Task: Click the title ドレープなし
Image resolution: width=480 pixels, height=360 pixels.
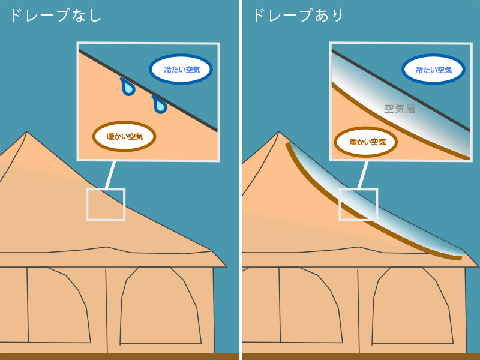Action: coord(56,16)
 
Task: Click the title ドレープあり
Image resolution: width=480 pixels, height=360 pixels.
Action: coord(298,16)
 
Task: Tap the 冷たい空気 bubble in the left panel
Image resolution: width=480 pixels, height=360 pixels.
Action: coord(181,69)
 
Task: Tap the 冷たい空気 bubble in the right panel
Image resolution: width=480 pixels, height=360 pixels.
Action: coord(433,70)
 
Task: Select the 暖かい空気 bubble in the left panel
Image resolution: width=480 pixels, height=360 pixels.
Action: coord(124,137)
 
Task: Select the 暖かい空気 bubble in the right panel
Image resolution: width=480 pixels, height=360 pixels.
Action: coord(366,142)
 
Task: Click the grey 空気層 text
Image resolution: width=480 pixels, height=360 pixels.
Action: coord(400,109)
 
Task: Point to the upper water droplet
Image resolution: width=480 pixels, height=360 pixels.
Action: coord(128,87)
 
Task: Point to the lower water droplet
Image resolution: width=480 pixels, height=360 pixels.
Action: coord(160,104)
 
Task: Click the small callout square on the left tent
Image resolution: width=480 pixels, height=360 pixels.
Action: coord(106,204)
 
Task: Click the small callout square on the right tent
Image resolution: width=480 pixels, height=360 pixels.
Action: coord(358,204)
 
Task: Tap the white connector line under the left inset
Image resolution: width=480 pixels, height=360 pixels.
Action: coord(110,175)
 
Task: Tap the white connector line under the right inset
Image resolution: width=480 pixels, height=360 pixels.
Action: coord(363,175)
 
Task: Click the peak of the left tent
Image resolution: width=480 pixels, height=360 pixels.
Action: coord(26,131)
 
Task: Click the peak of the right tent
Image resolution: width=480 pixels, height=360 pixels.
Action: coord(278,131)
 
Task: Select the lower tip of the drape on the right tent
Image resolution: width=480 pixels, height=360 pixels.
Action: coord(461,258)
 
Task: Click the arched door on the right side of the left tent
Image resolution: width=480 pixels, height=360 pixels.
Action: coord(161,305)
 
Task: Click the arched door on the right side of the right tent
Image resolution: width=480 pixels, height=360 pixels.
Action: coord(412,305)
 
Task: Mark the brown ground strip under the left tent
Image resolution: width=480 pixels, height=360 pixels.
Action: coord(119,356)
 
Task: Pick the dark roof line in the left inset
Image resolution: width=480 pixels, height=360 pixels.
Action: coord(148,91)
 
